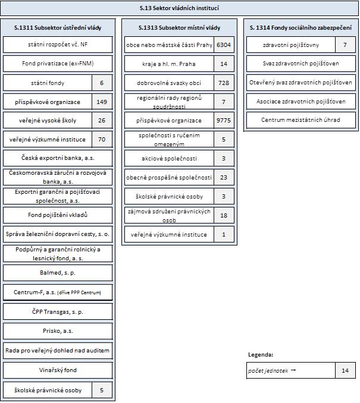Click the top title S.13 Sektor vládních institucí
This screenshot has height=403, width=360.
coord(179,8)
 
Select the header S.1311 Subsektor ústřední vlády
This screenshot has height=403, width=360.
coord(58,27)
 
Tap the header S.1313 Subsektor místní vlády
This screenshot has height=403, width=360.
coord(179,27)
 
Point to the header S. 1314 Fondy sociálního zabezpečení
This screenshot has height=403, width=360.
coord(300,27)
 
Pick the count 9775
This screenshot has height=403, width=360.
coord(224,120)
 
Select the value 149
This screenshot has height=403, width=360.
coord(102,102)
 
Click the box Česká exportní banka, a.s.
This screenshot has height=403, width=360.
coord(58,158)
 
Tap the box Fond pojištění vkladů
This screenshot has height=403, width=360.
coord(58,215)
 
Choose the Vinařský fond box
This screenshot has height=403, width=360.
coord(58,370)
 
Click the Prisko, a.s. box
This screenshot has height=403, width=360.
coord(58,330)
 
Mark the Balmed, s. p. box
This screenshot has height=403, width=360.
coord(58,272)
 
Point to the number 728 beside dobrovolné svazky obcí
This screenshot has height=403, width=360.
coord(224,83)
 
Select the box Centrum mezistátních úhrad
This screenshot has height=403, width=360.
coord(300,120)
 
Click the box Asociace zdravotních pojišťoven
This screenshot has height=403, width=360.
coord(300,102)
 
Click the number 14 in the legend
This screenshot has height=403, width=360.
coord(345,370)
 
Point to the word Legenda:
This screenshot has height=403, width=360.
coord(261,355)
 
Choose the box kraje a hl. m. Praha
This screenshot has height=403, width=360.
coord(169,64)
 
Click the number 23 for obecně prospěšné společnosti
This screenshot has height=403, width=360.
coord(224,177)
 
